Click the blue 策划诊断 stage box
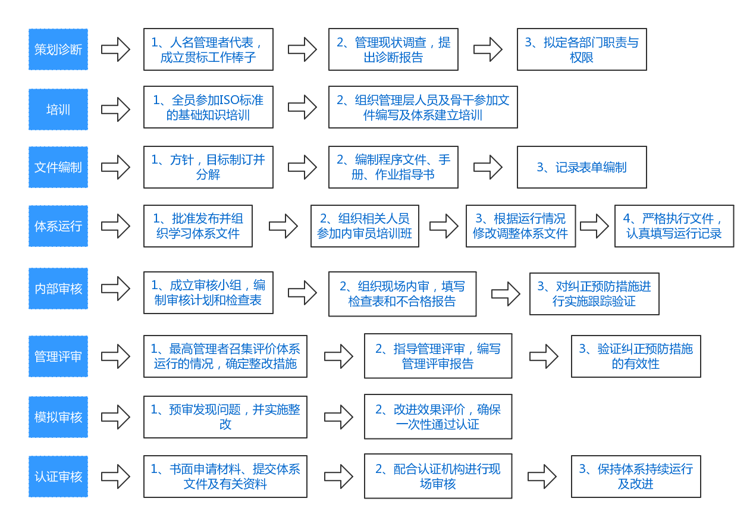coord(58,49)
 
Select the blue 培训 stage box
coord(58,109)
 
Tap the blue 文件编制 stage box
coord(58,167)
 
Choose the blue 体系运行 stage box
coord(58,226)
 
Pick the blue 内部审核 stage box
coord(58,289)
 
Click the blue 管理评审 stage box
coord(58,356)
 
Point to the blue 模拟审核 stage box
coord(58,417)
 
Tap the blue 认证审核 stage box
coord(58,477)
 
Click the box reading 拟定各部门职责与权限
coord(581,49)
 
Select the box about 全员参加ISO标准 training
coord(208,107)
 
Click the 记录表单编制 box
coord(581,167)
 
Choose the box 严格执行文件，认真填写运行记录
coord(674,226)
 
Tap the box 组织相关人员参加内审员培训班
coord(365,226)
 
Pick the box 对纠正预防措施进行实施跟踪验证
coord(594,294)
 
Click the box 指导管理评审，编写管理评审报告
coord(438,356)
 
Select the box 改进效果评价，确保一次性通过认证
coord(438,416)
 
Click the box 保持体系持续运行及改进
coord(636,477)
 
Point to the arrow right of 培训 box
coord(115,109)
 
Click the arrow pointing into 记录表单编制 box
coord(488,167)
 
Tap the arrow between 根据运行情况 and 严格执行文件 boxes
coord(594,226)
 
